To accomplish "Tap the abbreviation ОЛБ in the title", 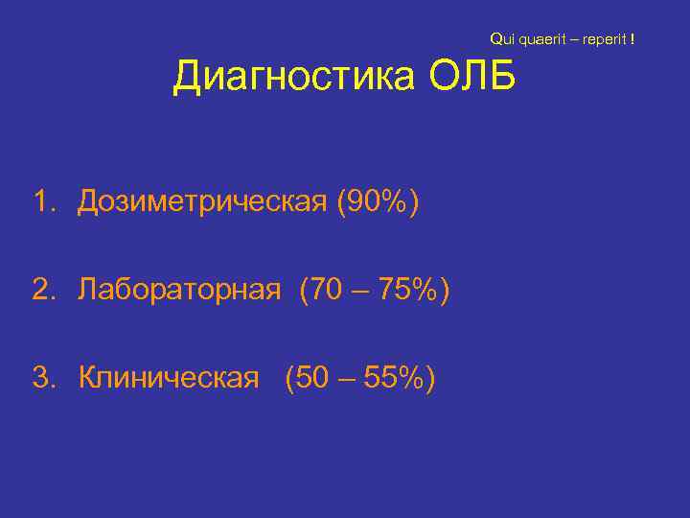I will [x=471, y=77].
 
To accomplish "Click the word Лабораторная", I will [x=180, y=290].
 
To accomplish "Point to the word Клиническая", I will [x=169, y=378].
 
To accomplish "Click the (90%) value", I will [x=378, y=202].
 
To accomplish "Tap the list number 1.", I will [x=41, y=202].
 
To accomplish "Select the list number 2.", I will [x=41, y=290].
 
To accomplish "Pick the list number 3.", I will [x=41, y=378].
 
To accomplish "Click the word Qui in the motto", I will [x=502, y=39].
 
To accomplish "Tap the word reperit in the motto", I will [x=605, y=39].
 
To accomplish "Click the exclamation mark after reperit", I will [x=632, y=39].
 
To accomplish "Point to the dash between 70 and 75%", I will [x=362, y=290].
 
